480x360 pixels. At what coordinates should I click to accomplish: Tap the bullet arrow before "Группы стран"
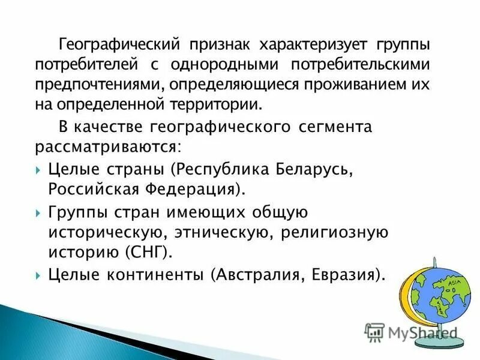click(x=38, y=214)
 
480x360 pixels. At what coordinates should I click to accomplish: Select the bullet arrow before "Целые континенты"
click(x=38, y=276)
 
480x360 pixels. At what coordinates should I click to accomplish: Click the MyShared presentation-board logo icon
click(x=374, y=332)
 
